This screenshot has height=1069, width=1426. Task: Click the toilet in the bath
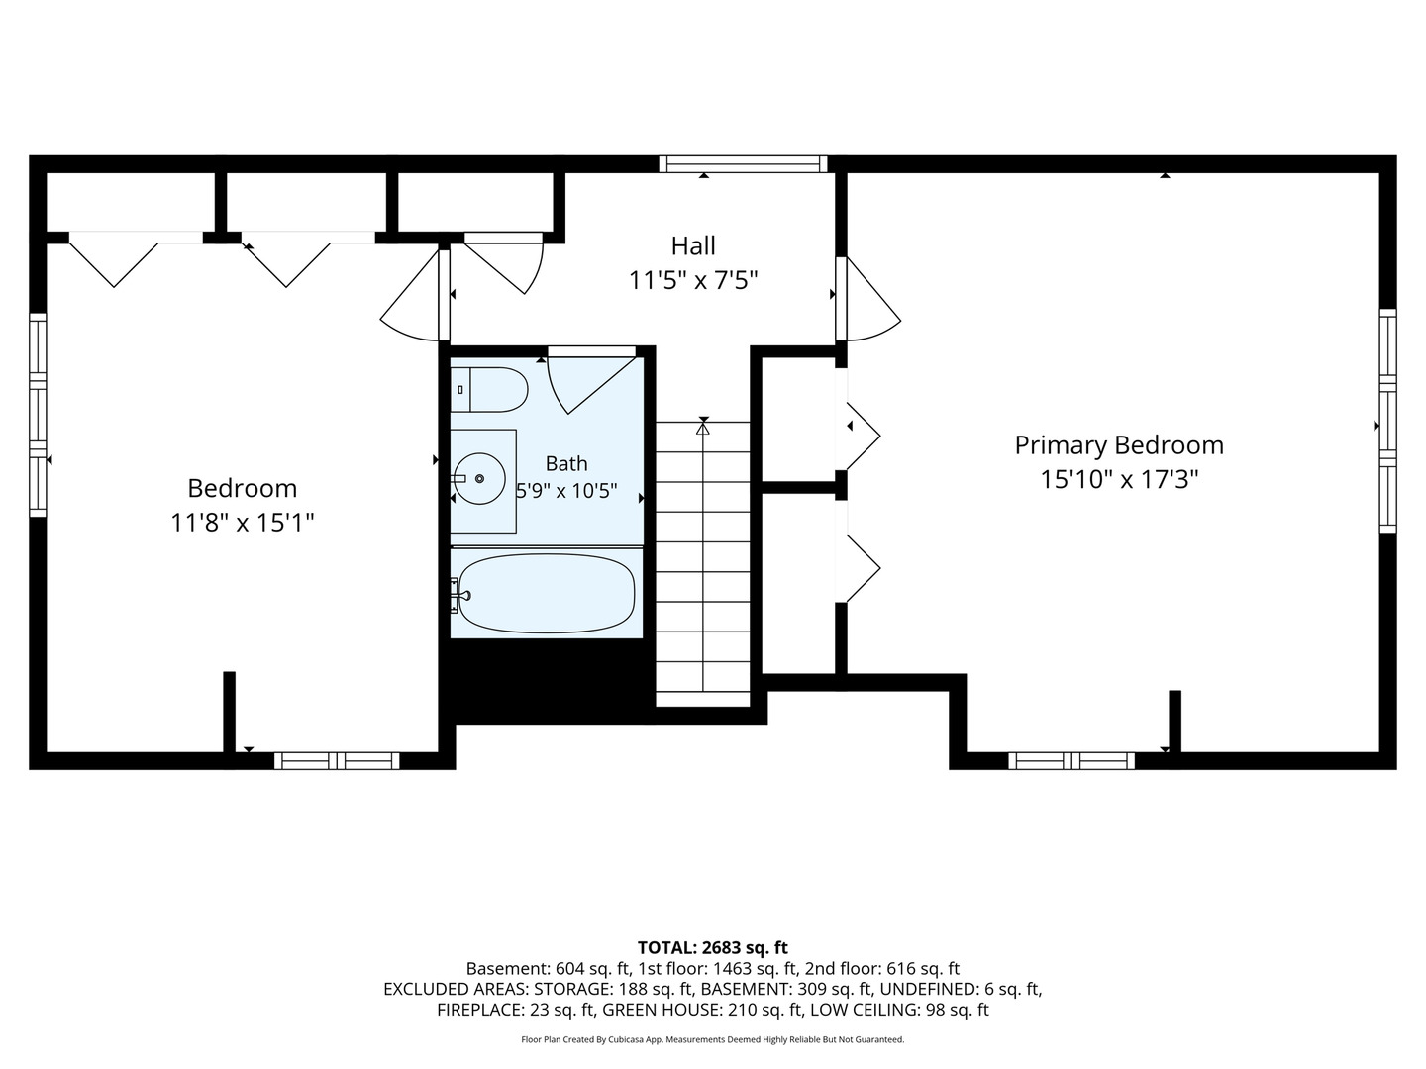[x=488, y=389]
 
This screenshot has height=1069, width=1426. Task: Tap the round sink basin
[x=479, y=478]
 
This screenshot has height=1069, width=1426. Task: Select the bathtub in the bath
[x=546, y=593]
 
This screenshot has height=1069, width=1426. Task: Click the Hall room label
[x=693, y=246]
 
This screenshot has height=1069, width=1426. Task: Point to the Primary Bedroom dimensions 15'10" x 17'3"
[x=1119, y=480]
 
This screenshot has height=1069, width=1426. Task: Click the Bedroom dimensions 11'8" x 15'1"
[x=242, y=523]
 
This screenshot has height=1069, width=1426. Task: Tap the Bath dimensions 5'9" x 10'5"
[x=566, y=491]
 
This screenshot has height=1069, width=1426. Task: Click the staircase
[x=703, y=563]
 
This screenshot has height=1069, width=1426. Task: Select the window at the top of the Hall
[x=744, y=163]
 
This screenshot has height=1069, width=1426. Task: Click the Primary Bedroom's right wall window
[x=1387, y=421]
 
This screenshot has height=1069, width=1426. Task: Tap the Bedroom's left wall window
[x=38, y=416]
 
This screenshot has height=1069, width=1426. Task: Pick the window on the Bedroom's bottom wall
[x=337, y=761]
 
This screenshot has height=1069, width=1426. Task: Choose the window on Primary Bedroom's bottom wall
[x=1071, y=761]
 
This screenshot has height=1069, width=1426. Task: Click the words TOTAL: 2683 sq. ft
[x=713, y=948]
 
